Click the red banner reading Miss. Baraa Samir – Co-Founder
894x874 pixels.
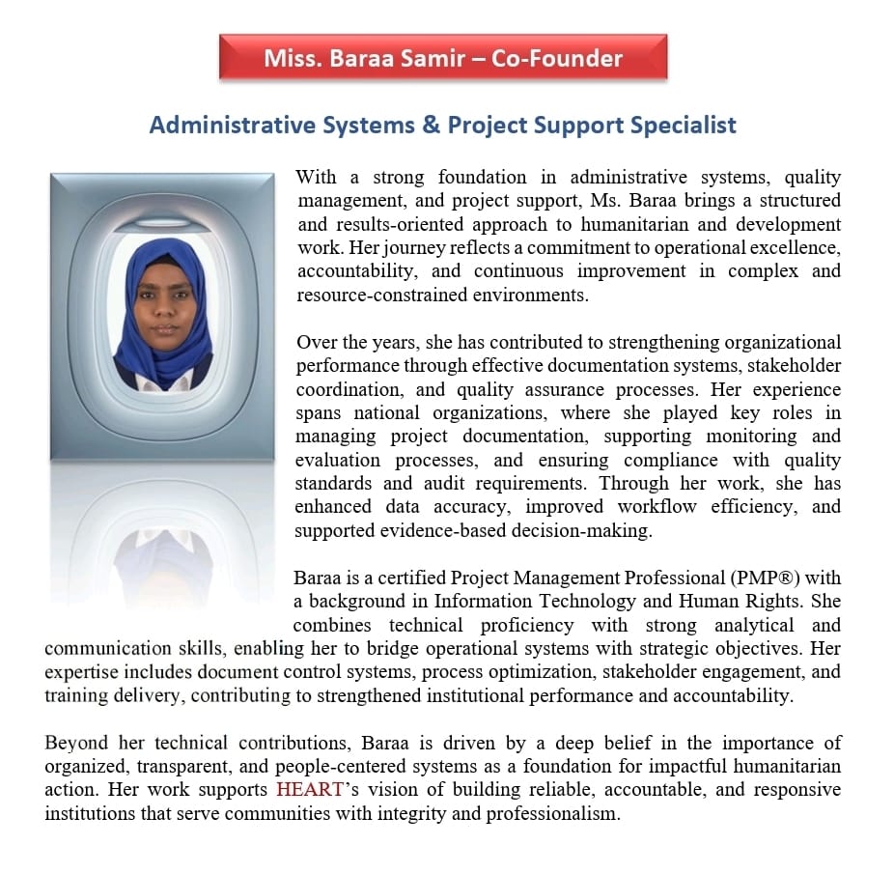[x=443, y=58]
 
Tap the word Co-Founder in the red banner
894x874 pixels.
[x=557, y=58]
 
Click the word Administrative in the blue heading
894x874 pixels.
[x=219, y=125]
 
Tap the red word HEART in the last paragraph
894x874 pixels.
[x=310, y=789]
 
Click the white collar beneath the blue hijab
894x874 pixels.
[x=162, y=383]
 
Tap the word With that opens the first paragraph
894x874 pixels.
[x=316, y=178]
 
